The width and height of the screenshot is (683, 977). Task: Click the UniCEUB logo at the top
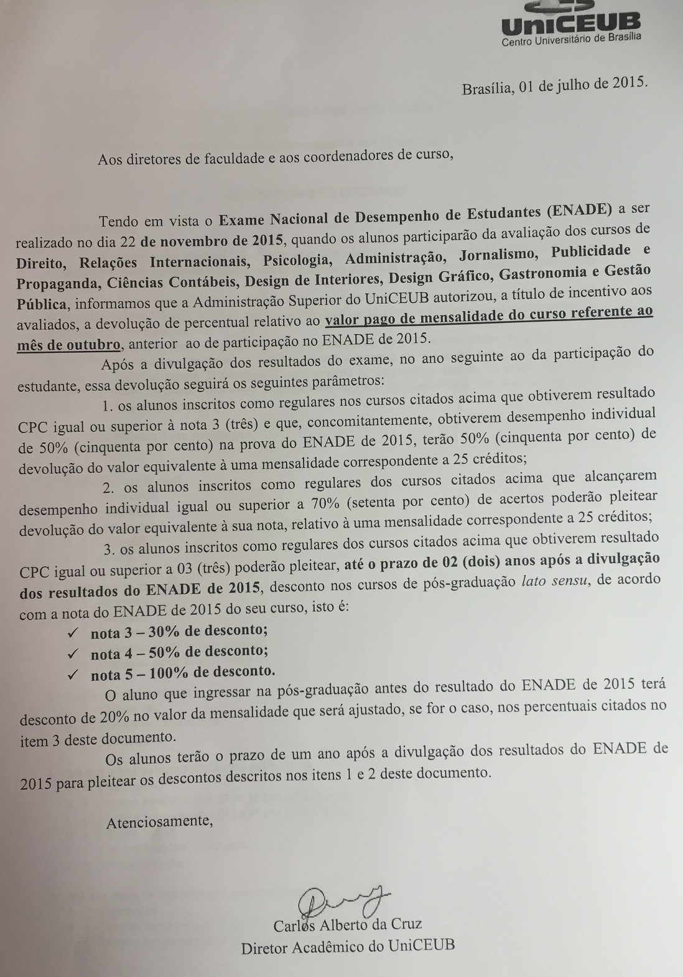tap(570, 22)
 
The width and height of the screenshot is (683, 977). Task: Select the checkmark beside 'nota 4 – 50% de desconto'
tap(73, 653)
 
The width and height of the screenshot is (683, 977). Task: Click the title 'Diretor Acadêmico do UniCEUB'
tap(348, 946)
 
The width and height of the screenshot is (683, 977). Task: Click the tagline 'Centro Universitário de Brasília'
tap(571, 41)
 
